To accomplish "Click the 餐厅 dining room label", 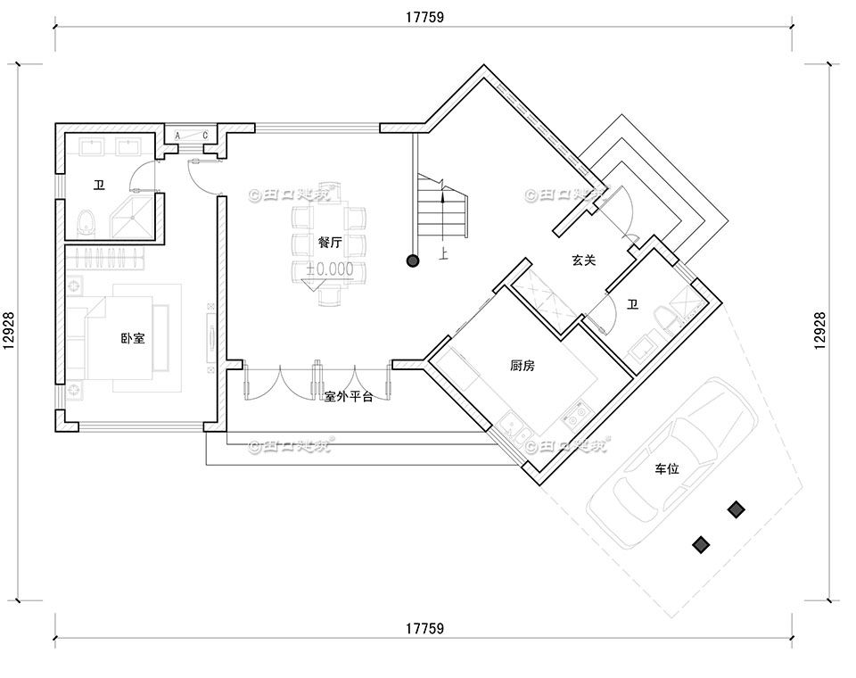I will pyautogui.click(x=330, y=242).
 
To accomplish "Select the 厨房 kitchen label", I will pyautogui.click(x=523, y=366).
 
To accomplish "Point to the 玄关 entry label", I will pyautogui.click(x=584, y=260).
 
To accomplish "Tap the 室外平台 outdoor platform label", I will pyautogui.click(x=349, y=396).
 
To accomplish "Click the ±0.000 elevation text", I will pyautogui.click(x=329, y=268).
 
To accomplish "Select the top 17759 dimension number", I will pyautogui.click(x=425, y=17).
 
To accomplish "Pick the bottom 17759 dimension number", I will pyautogui.click(x=425, y=629).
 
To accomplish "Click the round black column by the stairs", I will pyautogui.click(x=413, y=260).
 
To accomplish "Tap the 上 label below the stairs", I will pyautogui.click(x=443, y=254).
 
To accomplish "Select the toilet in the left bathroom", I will pyautogui.click(x=86, y=221).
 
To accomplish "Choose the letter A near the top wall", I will pyautogui.click(x=177, y=136).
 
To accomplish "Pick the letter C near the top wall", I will pyautogui.click(x=205, y=136).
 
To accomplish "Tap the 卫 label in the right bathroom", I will pyautogui.click(x=633, y=305).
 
